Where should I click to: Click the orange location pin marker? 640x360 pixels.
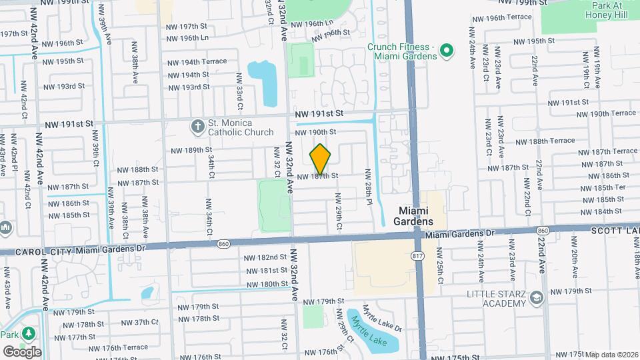[x=320, y=158]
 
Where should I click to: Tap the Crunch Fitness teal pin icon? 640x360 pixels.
[x=447, y=51]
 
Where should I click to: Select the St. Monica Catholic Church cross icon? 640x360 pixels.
[x=197, y=127]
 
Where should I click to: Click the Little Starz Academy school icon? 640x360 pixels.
[x=537, y=299]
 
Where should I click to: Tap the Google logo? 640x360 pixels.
[x=21, y=351]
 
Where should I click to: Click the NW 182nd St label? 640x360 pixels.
[x=265, y=257]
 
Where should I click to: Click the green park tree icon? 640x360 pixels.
[x=29, y=333]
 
